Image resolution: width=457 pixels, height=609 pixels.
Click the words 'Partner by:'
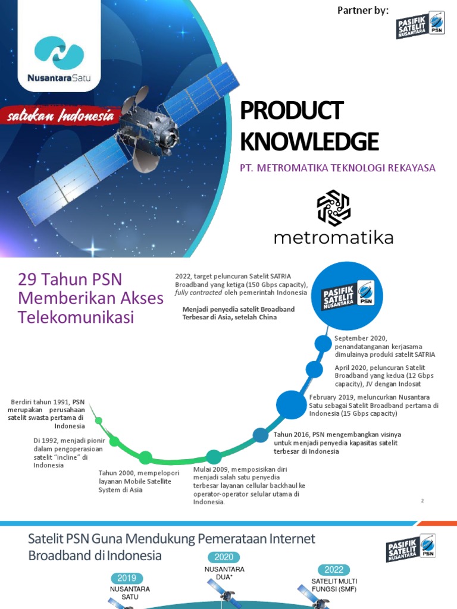[363, 10]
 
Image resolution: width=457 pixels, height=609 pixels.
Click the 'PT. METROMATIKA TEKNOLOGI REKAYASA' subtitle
[337, 168]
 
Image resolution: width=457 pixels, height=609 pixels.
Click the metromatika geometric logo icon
[333, 208]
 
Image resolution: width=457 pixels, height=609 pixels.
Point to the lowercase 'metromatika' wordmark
[333, 238]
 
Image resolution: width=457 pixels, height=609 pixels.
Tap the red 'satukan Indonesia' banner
[60, 117]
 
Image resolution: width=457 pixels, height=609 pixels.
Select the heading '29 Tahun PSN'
[65, 279]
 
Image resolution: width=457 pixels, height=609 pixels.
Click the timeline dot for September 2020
[323, 343]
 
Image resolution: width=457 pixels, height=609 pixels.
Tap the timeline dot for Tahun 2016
[261, 435]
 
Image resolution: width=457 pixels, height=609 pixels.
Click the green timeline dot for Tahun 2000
[145, 457]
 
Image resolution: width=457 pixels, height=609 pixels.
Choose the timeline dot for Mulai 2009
[214, 457]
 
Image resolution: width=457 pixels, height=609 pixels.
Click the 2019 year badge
[126, 577]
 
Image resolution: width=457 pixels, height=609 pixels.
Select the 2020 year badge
[223, 557]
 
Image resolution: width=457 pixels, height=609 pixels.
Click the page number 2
[422, 501]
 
